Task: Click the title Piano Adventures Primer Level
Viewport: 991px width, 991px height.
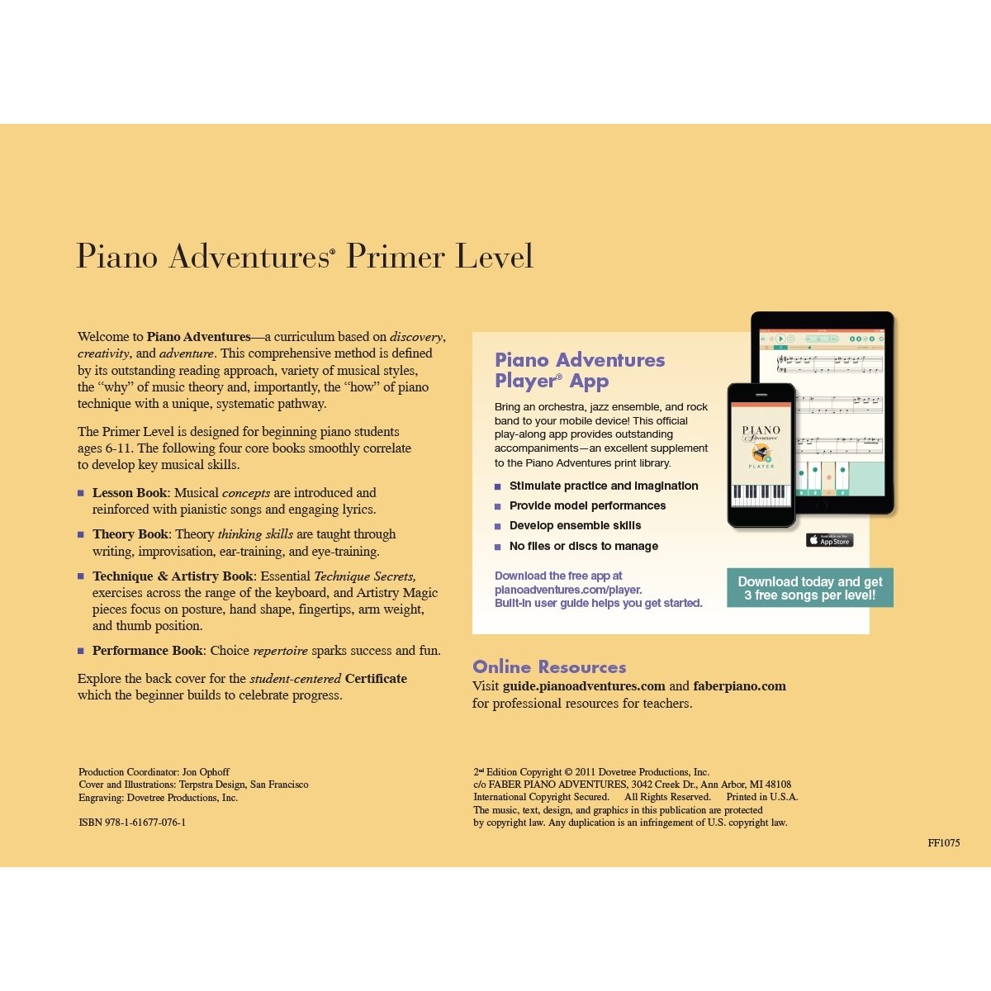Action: pyautogui.click(x=304, y=256)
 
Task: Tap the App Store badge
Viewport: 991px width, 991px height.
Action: pyautogui.click(x=829, y=540)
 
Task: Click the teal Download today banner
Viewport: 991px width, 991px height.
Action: pyautogui.click(x=809, y=588)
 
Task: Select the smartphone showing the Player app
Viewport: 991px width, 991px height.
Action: pyautogui.click(x=761, y=454)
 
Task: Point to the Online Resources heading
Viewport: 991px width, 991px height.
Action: pyautogui.click(x=549, y=667)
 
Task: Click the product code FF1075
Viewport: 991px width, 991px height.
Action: pyautogui.click(x=943, y=843)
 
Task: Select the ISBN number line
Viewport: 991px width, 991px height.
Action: pyautogui.click(x=132, y=823)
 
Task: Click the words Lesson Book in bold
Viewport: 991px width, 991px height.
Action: pyautogui.click(x=130, y=493)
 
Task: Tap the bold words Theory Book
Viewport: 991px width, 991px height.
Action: pyautogui.click(x=130, y=534)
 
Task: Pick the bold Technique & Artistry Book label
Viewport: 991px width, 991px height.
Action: pyautogui.click(x=173, y=576)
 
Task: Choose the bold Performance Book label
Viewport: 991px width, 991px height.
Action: pyautogui.click(x=147, y=651)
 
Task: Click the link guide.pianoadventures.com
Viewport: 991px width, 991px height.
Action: pyautogui.click(x=584, y=686)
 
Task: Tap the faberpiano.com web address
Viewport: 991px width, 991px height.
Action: pyautogui.click(x=739, y=686)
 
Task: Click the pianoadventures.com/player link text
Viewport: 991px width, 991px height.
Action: pyautogui.click(x=568, y=590)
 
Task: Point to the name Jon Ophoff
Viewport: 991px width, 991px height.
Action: pyautogui.click(x=206, y=772)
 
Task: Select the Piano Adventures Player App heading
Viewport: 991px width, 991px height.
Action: pyautogui.click(x=579, y=370)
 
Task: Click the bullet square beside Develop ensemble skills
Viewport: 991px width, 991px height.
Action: pyautogui.click(x=498, y=526)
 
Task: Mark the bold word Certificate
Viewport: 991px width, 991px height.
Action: pyautogui.click(x=376, y=679)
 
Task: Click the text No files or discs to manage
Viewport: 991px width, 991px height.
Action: pyautogui.click(x=583, y=546)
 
